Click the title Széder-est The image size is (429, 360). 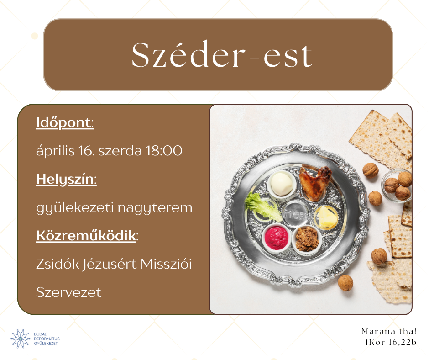click(222, 55)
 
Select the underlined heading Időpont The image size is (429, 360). click(64, 123)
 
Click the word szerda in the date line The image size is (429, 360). click(120, 151)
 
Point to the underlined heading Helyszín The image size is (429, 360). click(66, 180)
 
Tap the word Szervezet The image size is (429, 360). click(68, 292)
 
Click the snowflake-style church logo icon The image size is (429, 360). click(20, 339)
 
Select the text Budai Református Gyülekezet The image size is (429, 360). click(47, 339)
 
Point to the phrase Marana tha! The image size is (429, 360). click(389, 332)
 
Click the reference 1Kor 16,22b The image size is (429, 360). click(390, 342)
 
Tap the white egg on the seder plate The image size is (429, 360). click(281, 184)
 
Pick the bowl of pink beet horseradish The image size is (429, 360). click(276, 238)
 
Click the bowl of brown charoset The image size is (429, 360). click(307, 239)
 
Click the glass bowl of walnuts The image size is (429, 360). click(397, 186)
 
